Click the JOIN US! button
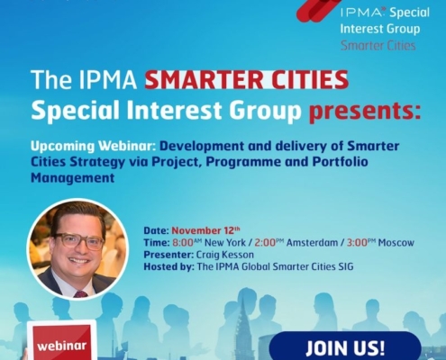point(345,346)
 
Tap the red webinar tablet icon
point(61,341)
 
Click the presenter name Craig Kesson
point(225,255)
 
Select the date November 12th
point(205,230)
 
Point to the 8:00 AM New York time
point(209,242)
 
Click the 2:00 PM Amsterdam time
point(296,242)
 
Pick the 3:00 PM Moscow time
point(380,242)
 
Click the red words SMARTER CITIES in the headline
point(246,79)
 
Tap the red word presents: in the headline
point(365,112)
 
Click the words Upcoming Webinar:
point(93,146)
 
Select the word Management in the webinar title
point(73,177)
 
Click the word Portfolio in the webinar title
point(340,162)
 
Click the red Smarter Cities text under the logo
point(378,46)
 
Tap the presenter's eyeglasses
point(78,241)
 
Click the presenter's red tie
point(80,294)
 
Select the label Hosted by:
point(169,266)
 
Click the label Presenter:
point(168,255)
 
